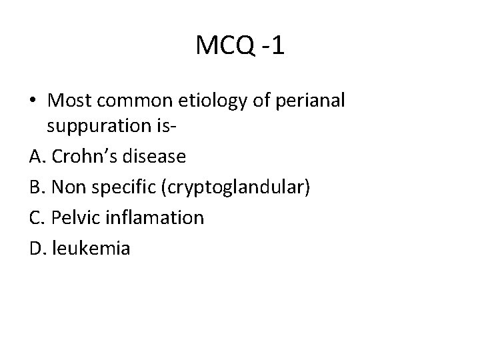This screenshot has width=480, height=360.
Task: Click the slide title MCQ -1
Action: (240, 46)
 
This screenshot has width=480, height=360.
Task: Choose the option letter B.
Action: (37, 188)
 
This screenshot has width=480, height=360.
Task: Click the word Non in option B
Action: (67, 188)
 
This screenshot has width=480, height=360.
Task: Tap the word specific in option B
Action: (119, 189)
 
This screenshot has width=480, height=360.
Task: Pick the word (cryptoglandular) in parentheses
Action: (232, 189)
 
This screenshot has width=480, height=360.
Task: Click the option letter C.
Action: (37, 218)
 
